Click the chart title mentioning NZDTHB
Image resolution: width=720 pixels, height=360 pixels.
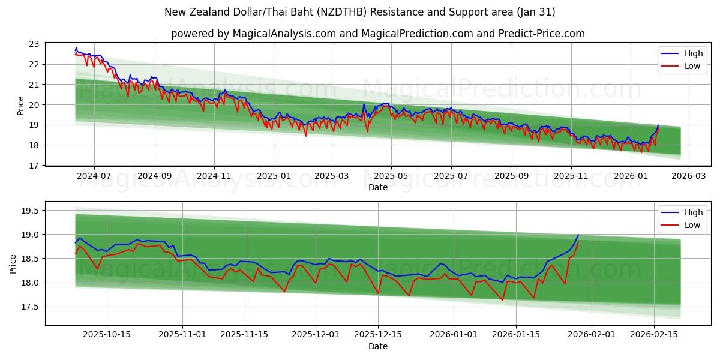[360, 12]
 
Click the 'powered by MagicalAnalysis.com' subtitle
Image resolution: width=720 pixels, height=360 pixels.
[378, 34]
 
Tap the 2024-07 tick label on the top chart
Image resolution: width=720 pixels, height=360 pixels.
[94, 176]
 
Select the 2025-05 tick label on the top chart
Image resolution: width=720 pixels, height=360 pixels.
[391, 176]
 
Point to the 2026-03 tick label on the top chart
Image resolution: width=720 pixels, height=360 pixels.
[688, 176]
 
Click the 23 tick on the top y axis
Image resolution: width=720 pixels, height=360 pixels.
[34, 44]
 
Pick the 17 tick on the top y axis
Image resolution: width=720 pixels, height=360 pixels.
[34, 165]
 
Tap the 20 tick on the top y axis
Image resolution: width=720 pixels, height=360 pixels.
[34, 104]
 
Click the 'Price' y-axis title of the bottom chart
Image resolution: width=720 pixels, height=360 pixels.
[13, 263]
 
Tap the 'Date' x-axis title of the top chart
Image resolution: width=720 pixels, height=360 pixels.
[378, 187]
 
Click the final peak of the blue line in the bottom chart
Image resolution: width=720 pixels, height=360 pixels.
[578, 235]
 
